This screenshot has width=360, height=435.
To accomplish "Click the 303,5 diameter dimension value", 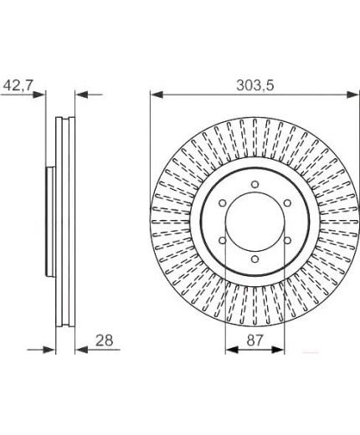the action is [255, 85].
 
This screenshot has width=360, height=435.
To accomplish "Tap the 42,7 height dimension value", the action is [18, 85].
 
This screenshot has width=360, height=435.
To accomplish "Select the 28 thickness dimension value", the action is [105, 340].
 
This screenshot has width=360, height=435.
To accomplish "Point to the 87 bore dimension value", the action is [255, 340].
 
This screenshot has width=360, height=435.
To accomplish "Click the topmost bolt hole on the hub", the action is [255, 184].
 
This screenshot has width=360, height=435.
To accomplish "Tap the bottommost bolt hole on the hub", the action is [255, 259].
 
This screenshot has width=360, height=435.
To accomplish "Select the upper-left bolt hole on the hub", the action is [223, 203].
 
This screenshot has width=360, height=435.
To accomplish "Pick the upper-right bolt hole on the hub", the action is [287, 203].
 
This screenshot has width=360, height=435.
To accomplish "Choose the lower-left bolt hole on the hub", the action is [223, 240].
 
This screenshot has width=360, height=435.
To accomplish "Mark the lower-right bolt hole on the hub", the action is [287, 240].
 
